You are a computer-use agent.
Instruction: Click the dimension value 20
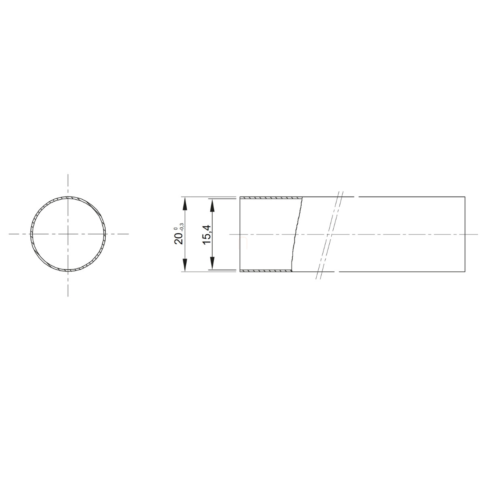click(179, 238)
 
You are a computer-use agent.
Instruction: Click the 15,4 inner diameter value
click(207, 234)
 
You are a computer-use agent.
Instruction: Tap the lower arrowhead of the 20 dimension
click(185, 265)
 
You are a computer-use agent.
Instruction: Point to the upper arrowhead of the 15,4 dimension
click(212, 206)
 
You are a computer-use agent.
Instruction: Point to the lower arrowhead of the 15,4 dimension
click(212, 263)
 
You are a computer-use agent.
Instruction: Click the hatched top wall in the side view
click(271, 198)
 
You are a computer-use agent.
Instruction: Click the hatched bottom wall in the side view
click(266, 271)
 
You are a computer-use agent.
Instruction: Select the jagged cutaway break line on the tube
click(296, 234)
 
